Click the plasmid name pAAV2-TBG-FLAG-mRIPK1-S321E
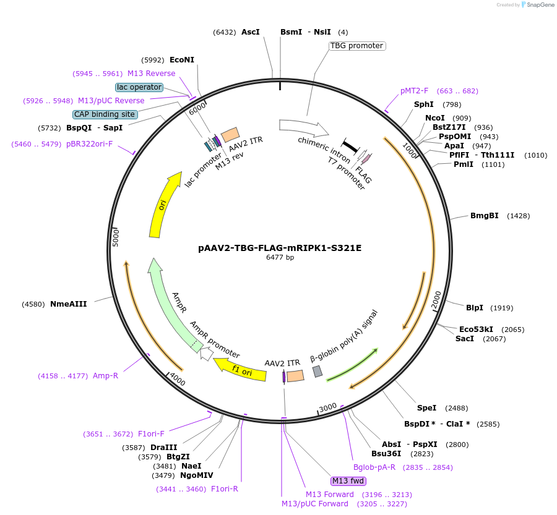pos(280,248)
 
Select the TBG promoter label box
pos(357,46)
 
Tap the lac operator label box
pos(139,87)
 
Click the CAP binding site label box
pos(105,114)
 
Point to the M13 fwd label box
pos(348,481)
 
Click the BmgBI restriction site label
pos(484,216)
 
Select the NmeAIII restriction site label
pos(68,304)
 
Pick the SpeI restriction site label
pos(426,408)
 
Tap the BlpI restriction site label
pos(475,308)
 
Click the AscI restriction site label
pos(251,32)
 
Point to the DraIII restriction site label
pos(163,448)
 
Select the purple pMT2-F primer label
pos(414,91)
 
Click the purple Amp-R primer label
pos(105,375)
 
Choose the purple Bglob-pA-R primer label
pos(374,467)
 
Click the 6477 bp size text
pos(280,257)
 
